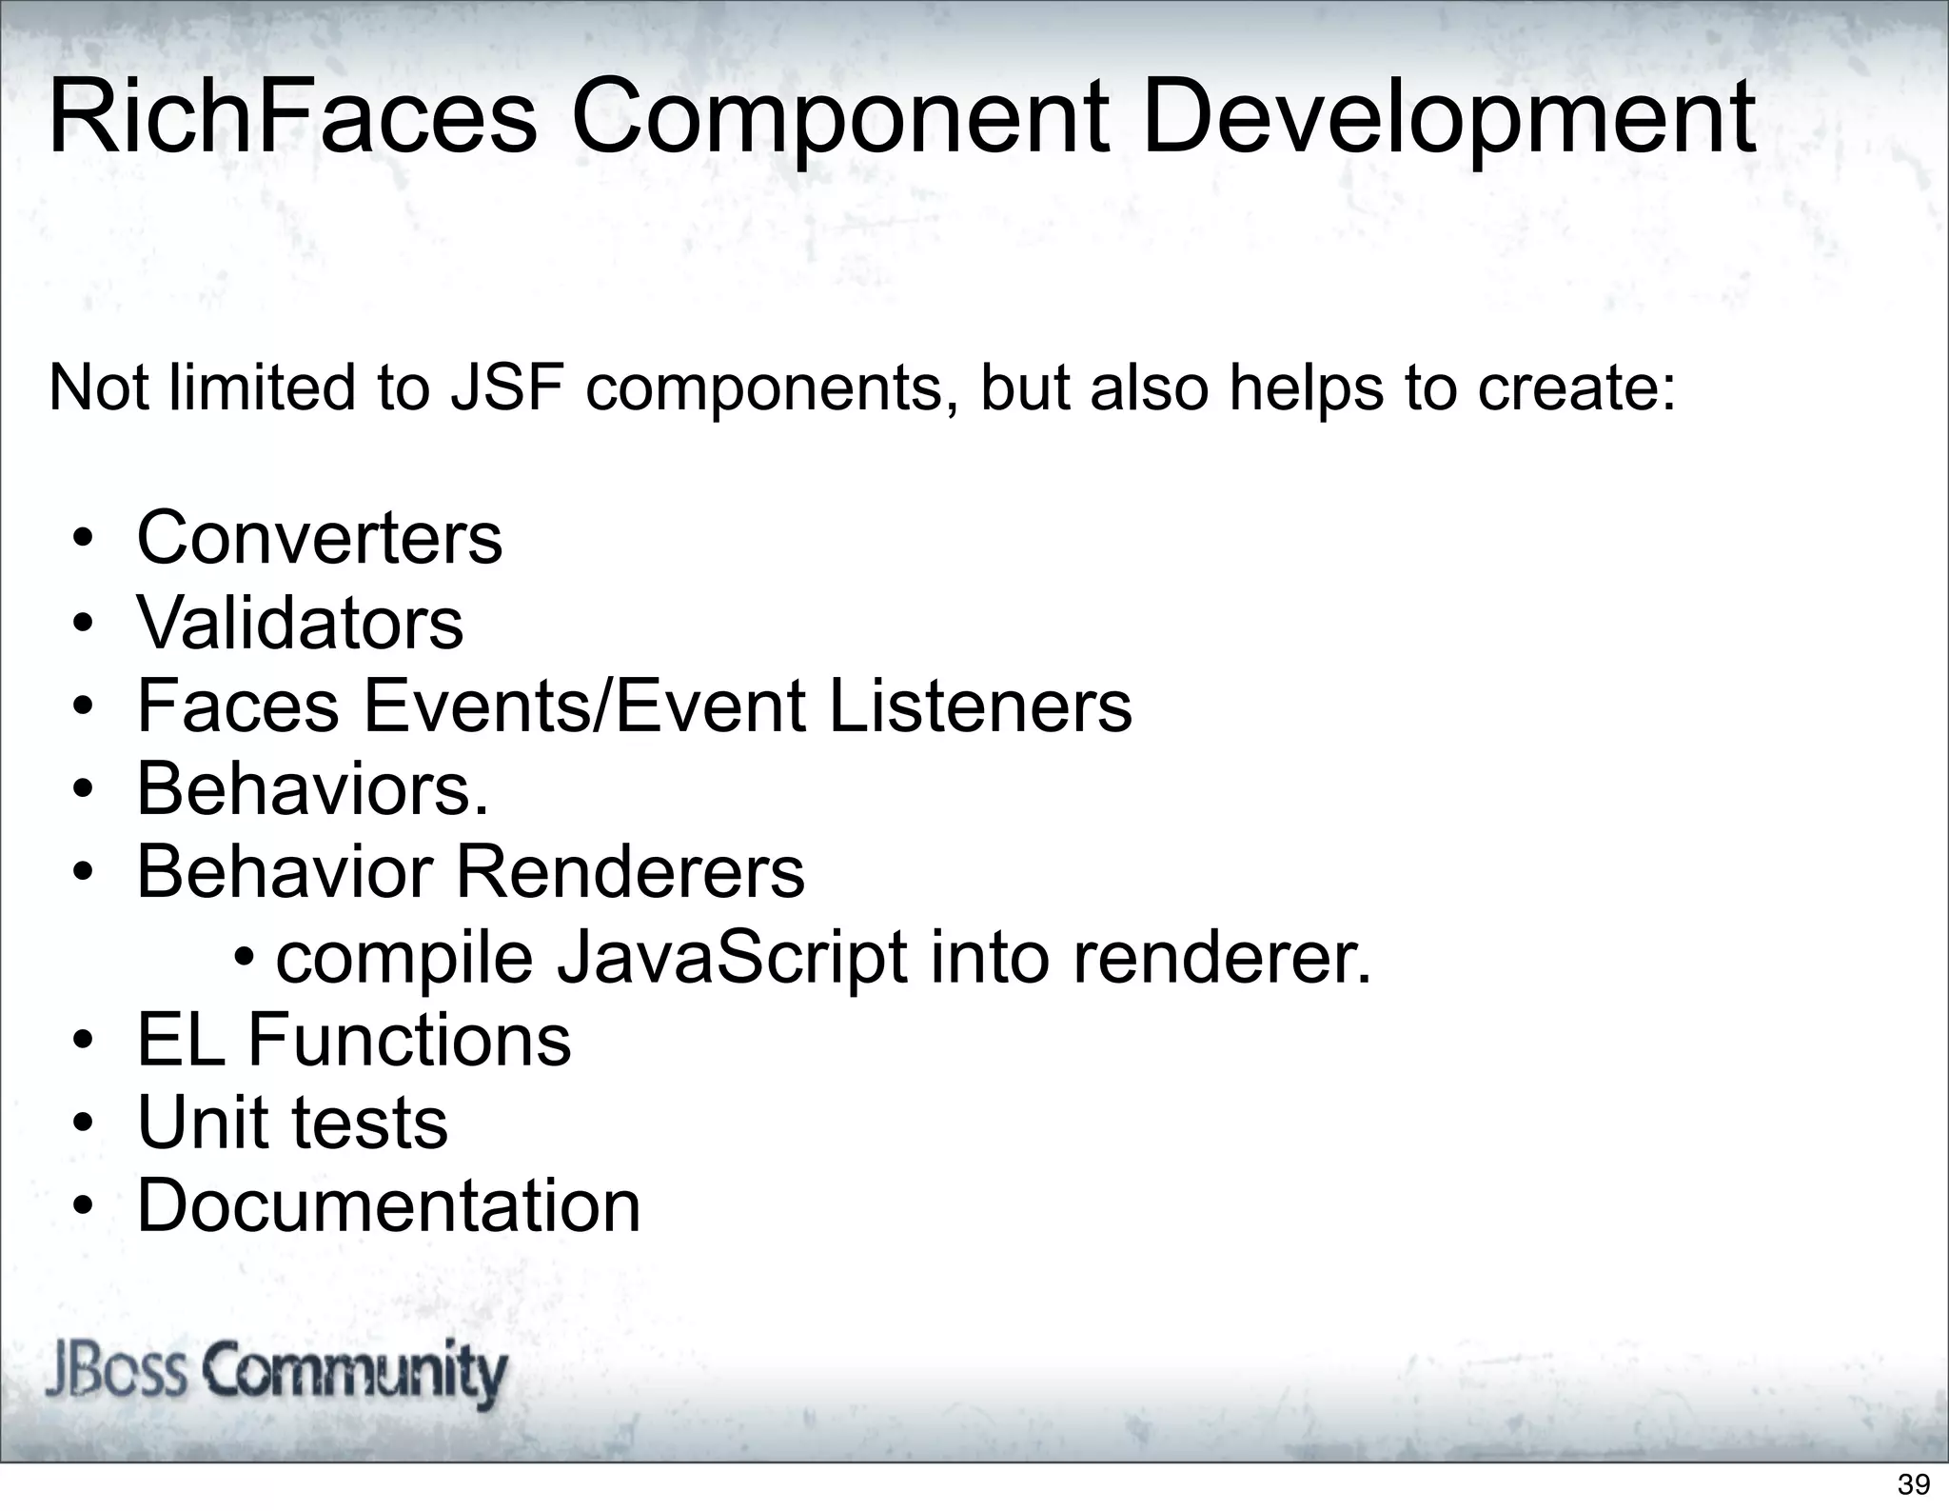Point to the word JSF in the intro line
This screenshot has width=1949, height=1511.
pos(506,388)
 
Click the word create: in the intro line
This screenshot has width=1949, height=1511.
pos(1575,388)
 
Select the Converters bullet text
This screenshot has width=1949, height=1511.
pos(319,538)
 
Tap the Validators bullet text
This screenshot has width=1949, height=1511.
pos(300,623)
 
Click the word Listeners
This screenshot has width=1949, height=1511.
pos(980,706)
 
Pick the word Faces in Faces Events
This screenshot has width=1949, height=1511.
pos(238,706)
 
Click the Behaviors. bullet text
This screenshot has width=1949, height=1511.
pos(312,789)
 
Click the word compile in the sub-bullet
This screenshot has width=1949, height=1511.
pos(404,960)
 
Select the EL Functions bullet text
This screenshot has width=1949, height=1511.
pos(354,1040)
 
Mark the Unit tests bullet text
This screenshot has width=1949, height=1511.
pos(292,1123)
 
